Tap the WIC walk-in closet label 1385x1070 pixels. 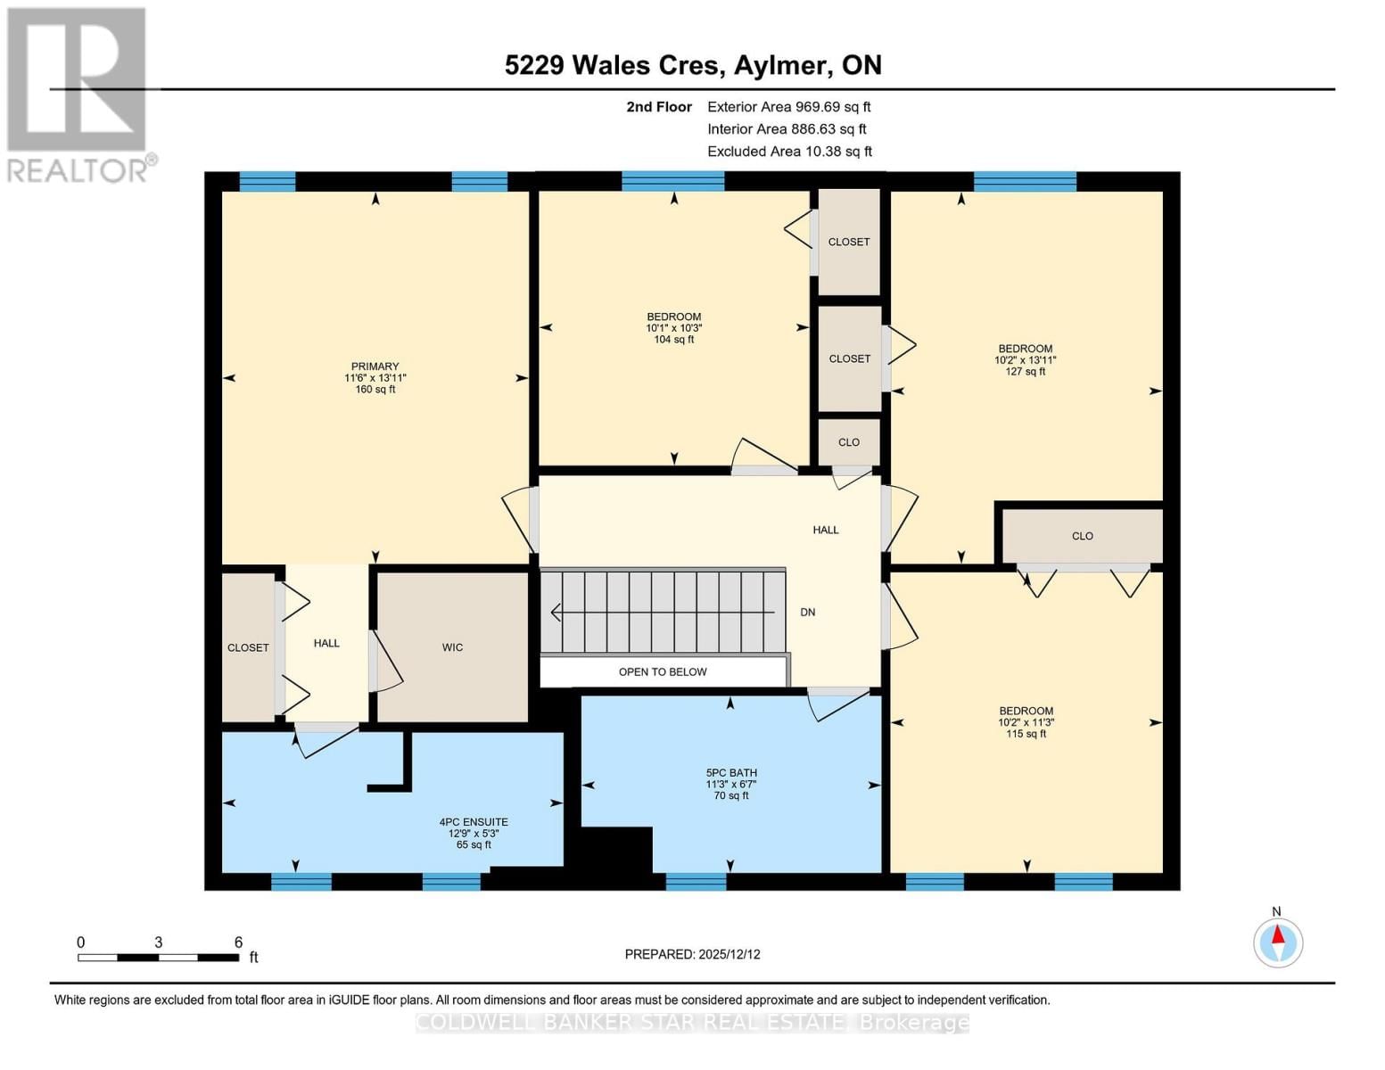click(452, 647)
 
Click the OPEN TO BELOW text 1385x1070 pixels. click(663, 672)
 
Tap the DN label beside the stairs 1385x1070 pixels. click(807, 613)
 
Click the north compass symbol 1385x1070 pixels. click(1277, 942)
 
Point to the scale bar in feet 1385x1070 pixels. click(159, 957)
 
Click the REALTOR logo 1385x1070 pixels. click(78, 94)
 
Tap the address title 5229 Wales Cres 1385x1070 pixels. click(693, 65)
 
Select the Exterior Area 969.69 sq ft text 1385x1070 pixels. click(788, 106)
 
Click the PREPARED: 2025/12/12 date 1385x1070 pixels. click(692, 954)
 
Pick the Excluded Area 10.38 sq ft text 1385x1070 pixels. click(789, 152)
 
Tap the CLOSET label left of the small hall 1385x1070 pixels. click(248, 648)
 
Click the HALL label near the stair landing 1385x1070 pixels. click(825, 530)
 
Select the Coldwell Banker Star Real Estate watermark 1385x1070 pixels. click(692, 1023)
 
